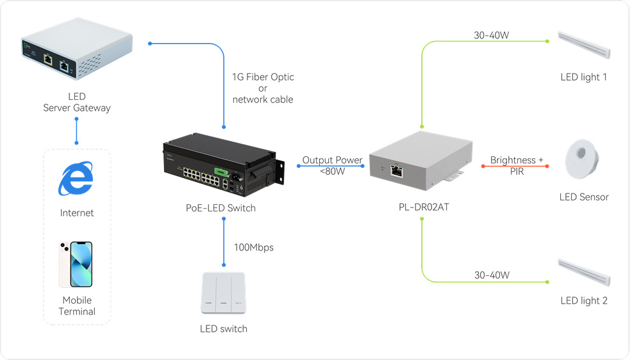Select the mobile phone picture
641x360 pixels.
click(76, 265)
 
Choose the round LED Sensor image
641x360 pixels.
click(581, 161)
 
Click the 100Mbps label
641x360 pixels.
click(254, 247)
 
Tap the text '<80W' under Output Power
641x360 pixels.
click(333, 171)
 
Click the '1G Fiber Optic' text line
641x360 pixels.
click(263, 77)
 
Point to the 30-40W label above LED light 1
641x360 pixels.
click(492, 35)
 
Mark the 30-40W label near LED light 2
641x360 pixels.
click(492, 275)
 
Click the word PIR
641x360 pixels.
click(517, 171)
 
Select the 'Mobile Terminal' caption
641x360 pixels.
click(77, 306)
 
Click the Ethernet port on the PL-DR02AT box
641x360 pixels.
click(397, 170)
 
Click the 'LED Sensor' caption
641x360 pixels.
click(584, 197)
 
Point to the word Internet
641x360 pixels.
click(77, 213)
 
